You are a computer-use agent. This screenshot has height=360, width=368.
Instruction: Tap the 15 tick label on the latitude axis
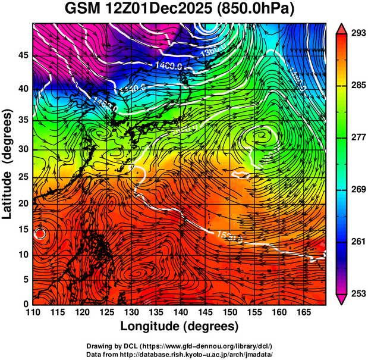click(x=24, y=229)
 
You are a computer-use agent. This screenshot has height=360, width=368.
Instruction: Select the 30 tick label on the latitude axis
click(x=24, y=149)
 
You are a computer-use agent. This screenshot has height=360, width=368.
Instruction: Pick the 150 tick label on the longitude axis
click(x=228, y=312)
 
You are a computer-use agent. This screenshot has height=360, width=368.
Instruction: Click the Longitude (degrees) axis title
click(x=180, y=326)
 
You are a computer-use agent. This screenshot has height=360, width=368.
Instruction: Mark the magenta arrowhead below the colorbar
click(x=341, y=299)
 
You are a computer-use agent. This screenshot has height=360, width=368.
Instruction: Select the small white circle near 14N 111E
click(x=40, y=233)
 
